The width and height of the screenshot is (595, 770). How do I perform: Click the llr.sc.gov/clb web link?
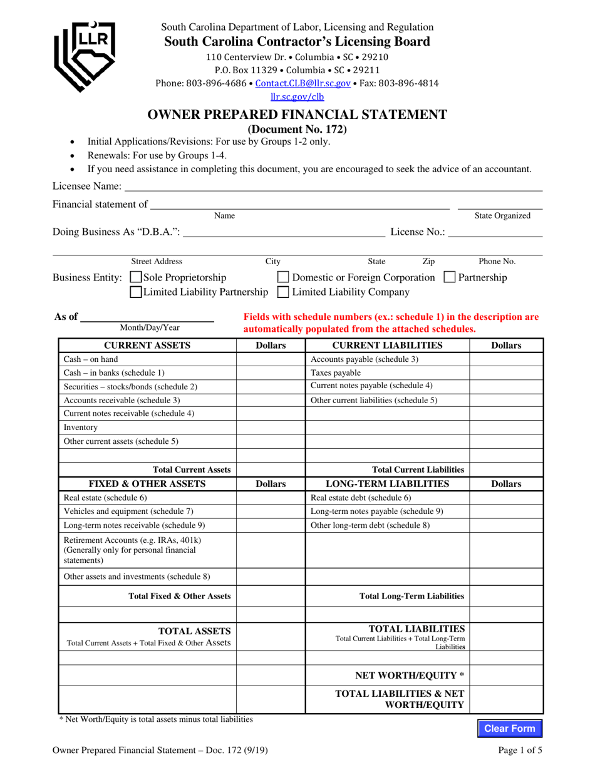(297, 97)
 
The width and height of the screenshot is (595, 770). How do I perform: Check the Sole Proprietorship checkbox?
(135, 277)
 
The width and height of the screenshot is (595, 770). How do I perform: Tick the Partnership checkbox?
(449, 277)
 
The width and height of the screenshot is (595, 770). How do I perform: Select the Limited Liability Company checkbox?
(283, 292)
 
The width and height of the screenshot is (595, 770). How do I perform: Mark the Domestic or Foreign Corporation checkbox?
(283, 277)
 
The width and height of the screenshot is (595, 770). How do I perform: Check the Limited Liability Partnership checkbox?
(135, 292)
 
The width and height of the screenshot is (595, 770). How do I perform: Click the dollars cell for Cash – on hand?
(270, 360)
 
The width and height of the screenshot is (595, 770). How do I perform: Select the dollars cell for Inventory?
(270, 428)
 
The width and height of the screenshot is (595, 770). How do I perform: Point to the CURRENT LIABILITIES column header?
(387, 346)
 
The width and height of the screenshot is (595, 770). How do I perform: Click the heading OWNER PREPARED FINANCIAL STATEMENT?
(297, 115)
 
